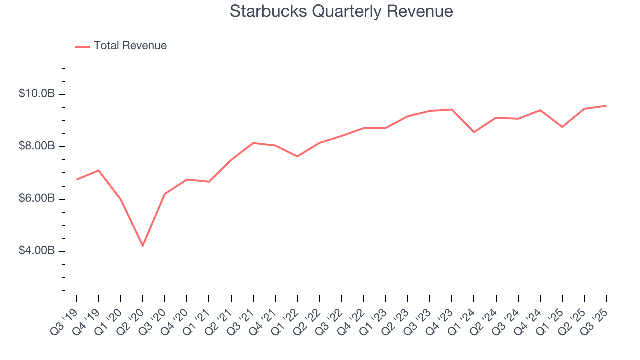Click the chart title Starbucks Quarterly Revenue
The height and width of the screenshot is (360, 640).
point(341,11)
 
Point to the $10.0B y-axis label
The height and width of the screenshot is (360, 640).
point(36,94)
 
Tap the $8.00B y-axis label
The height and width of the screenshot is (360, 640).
point(36,146)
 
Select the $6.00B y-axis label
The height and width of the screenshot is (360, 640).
point(36,198)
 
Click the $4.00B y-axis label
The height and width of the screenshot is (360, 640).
point(36,250)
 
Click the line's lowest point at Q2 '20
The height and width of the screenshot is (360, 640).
point(143,246)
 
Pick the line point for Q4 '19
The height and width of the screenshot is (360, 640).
point(99,170)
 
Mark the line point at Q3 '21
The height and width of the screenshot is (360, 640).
point(253,143)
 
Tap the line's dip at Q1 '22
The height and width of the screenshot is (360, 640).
point(297,156)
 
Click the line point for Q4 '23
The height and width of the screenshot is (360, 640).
point(452,109)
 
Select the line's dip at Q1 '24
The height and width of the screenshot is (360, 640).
point(474,132)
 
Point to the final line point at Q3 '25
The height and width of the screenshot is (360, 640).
point(606,106)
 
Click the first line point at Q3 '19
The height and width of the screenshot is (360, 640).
point(77,179)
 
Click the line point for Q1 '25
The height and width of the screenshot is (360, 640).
point(562,127)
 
